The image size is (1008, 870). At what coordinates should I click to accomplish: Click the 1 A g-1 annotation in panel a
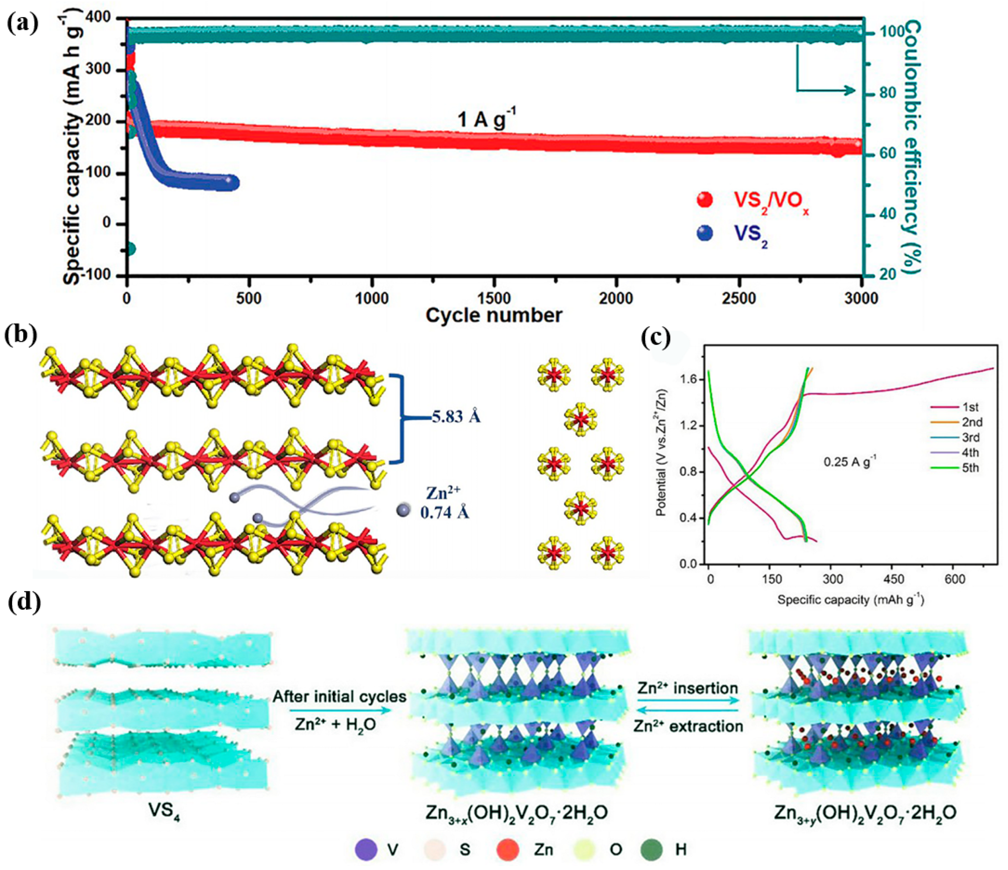pyautogui.click(x=486, y=119)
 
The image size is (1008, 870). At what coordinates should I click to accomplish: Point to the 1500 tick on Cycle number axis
pyautogui.click(x=494, y=298)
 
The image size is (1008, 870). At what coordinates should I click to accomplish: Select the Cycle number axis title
pyautogui.click(x=494, y=315)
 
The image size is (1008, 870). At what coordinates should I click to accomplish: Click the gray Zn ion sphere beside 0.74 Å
pyautogui.click(x=403, y=510)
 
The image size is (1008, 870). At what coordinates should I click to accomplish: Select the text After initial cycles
pyautogui.click(x=339, y=697)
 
